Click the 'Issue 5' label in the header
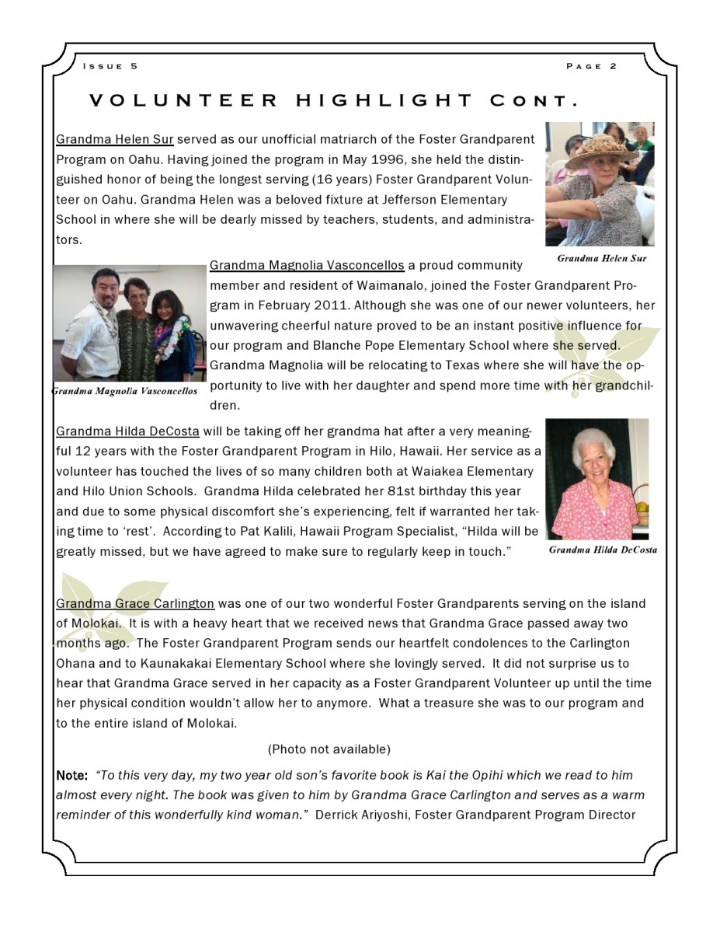tap(110, 66)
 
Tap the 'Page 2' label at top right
tap(592, 66)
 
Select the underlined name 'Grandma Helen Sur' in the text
tap(115, 140)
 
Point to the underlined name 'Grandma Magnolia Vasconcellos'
tap(307, 266)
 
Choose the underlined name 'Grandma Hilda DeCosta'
tap(127, 431)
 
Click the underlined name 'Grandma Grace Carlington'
tap(135, 603)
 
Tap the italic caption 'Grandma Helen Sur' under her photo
tap(601, 258)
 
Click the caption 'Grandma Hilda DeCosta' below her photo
tap(603, 550)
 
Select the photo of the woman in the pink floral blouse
tap(597, 479)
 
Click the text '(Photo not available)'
tap(329, 749)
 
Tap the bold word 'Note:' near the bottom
tap(71, 776)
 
